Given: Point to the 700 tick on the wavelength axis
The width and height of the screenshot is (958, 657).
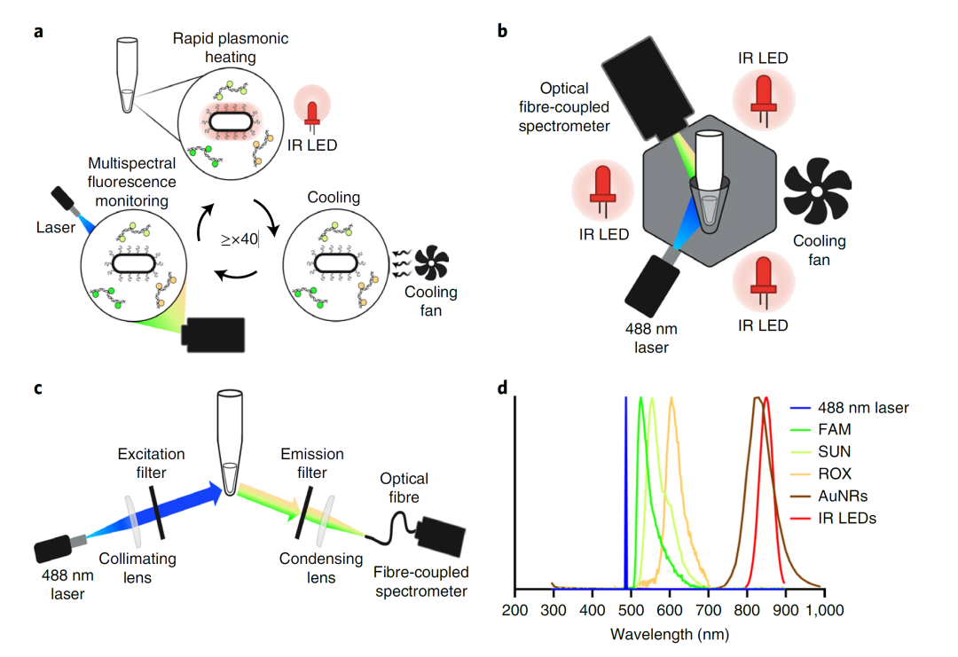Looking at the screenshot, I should (708, 612).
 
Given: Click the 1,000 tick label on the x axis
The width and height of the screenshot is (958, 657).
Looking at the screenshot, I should (823, 612).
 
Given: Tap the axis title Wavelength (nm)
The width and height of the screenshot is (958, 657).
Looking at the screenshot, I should (670, 635).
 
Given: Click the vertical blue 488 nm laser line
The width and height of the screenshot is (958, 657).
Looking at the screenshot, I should (626, 497).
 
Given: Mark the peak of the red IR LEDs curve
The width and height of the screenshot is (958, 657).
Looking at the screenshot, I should (766, 398).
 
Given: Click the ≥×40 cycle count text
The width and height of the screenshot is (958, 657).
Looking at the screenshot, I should (239, 239).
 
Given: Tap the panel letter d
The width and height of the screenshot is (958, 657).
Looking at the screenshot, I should (502, 388).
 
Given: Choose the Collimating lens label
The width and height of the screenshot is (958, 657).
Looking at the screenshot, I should (140, 568).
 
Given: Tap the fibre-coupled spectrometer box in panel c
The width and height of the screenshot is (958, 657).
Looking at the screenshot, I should (444, 539).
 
